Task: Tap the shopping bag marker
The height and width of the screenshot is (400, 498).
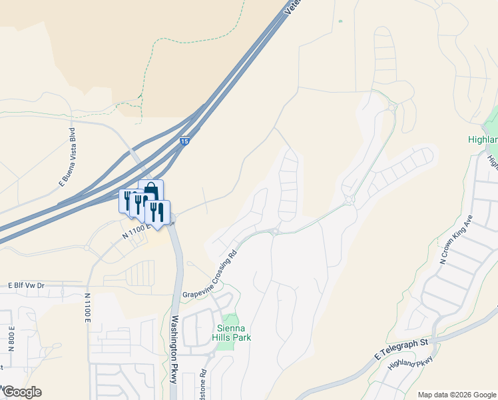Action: [x=150, y=191]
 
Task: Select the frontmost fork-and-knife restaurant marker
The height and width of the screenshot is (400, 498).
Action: [x=157, y=213]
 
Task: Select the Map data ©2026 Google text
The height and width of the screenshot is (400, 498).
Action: [x=456, y=395]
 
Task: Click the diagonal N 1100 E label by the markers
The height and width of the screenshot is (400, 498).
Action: [x=138, y=232]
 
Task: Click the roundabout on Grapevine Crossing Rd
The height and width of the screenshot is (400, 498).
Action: [x=274, y=232]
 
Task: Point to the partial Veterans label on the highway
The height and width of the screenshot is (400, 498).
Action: [x=294, y=8]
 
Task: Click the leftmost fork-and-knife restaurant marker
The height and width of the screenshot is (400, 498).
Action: [x=128, y=201]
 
